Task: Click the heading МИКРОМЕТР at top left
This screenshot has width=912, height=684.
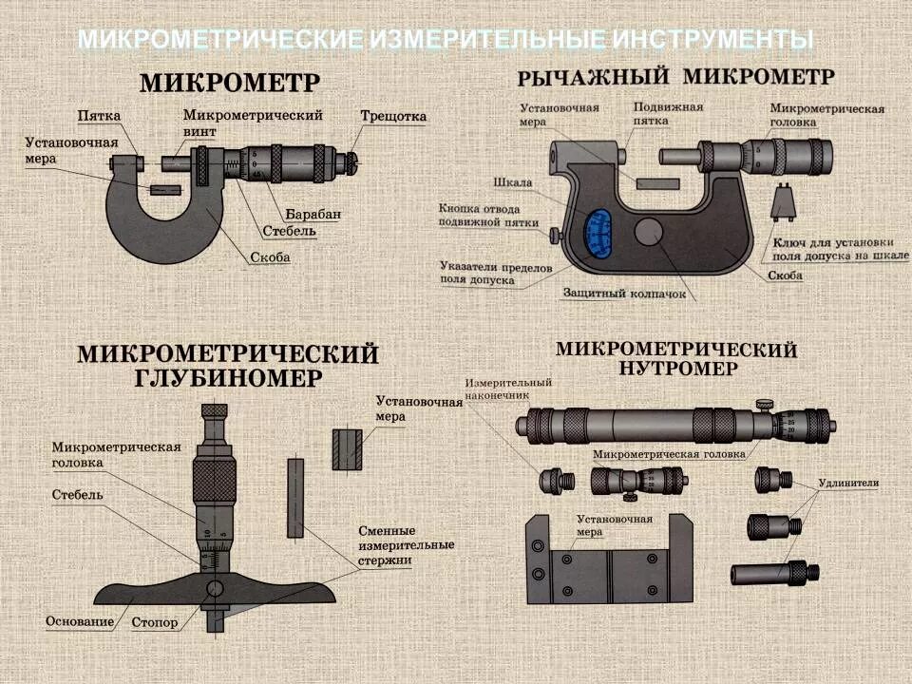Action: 230,83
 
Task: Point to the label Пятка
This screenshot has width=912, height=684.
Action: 99,116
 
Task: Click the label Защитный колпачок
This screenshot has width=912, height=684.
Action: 623,294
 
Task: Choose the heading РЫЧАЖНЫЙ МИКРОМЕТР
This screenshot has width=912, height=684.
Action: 675,76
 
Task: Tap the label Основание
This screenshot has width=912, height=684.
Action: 80,622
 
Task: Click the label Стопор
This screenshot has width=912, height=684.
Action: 156,622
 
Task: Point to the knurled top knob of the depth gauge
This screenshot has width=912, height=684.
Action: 215,411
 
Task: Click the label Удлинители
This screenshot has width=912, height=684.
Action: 847,484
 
